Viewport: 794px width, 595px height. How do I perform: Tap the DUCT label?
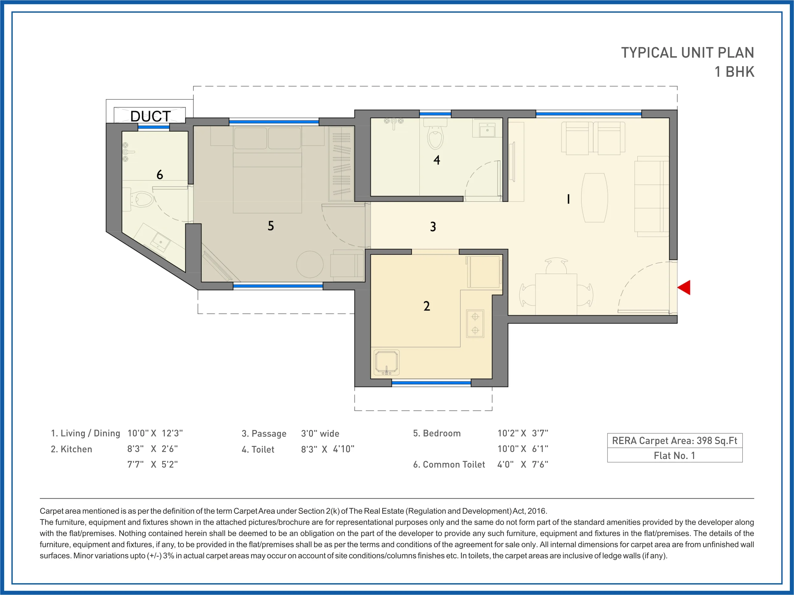pyautogui.click(x=150, y=116)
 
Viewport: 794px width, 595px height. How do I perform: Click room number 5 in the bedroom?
pyautogui.click(x=271, y=226)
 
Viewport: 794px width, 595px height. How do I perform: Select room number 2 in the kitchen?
pyautogui.click(x=426, y=306)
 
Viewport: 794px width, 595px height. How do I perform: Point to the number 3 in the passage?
pyautogui.click(x=433, y=226)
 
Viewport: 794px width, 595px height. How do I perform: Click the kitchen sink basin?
pyautogui.click(x=386, y=362)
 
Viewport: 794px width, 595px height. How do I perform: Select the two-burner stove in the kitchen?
pyautogui.click(x=475, y=324)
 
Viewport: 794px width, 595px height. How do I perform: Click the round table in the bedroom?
pyautogui.click(x=310, y=264)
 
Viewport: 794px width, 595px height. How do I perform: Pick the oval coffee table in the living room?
pyautogui.click(x=594, y=198)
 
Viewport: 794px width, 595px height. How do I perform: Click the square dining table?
pyautogui.click(x=556, y=294)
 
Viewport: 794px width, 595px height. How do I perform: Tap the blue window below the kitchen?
pyautogui.click(x=431, y=383)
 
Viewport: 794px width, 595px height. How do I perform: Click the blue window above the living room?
pyautogui.click(x=589, y=114)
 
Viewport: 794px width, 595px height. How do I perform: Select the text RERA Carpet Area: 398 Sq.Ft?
pyautogui.click(x=675, y=441)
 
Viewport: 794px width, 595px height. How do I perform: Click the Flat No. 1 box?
pyautogui.click(x=675, y=456)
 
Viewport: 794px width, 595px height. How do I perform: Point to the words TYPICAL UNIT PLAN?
pyautogui.click(x=687, y=53)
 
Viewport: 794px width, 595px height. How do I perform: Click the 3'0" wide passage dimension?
pyautogui.click(x=320, y=434)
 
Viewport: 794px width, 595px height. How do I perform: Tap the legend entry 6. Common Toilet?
pyautogui.click(x=449, y=465)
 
